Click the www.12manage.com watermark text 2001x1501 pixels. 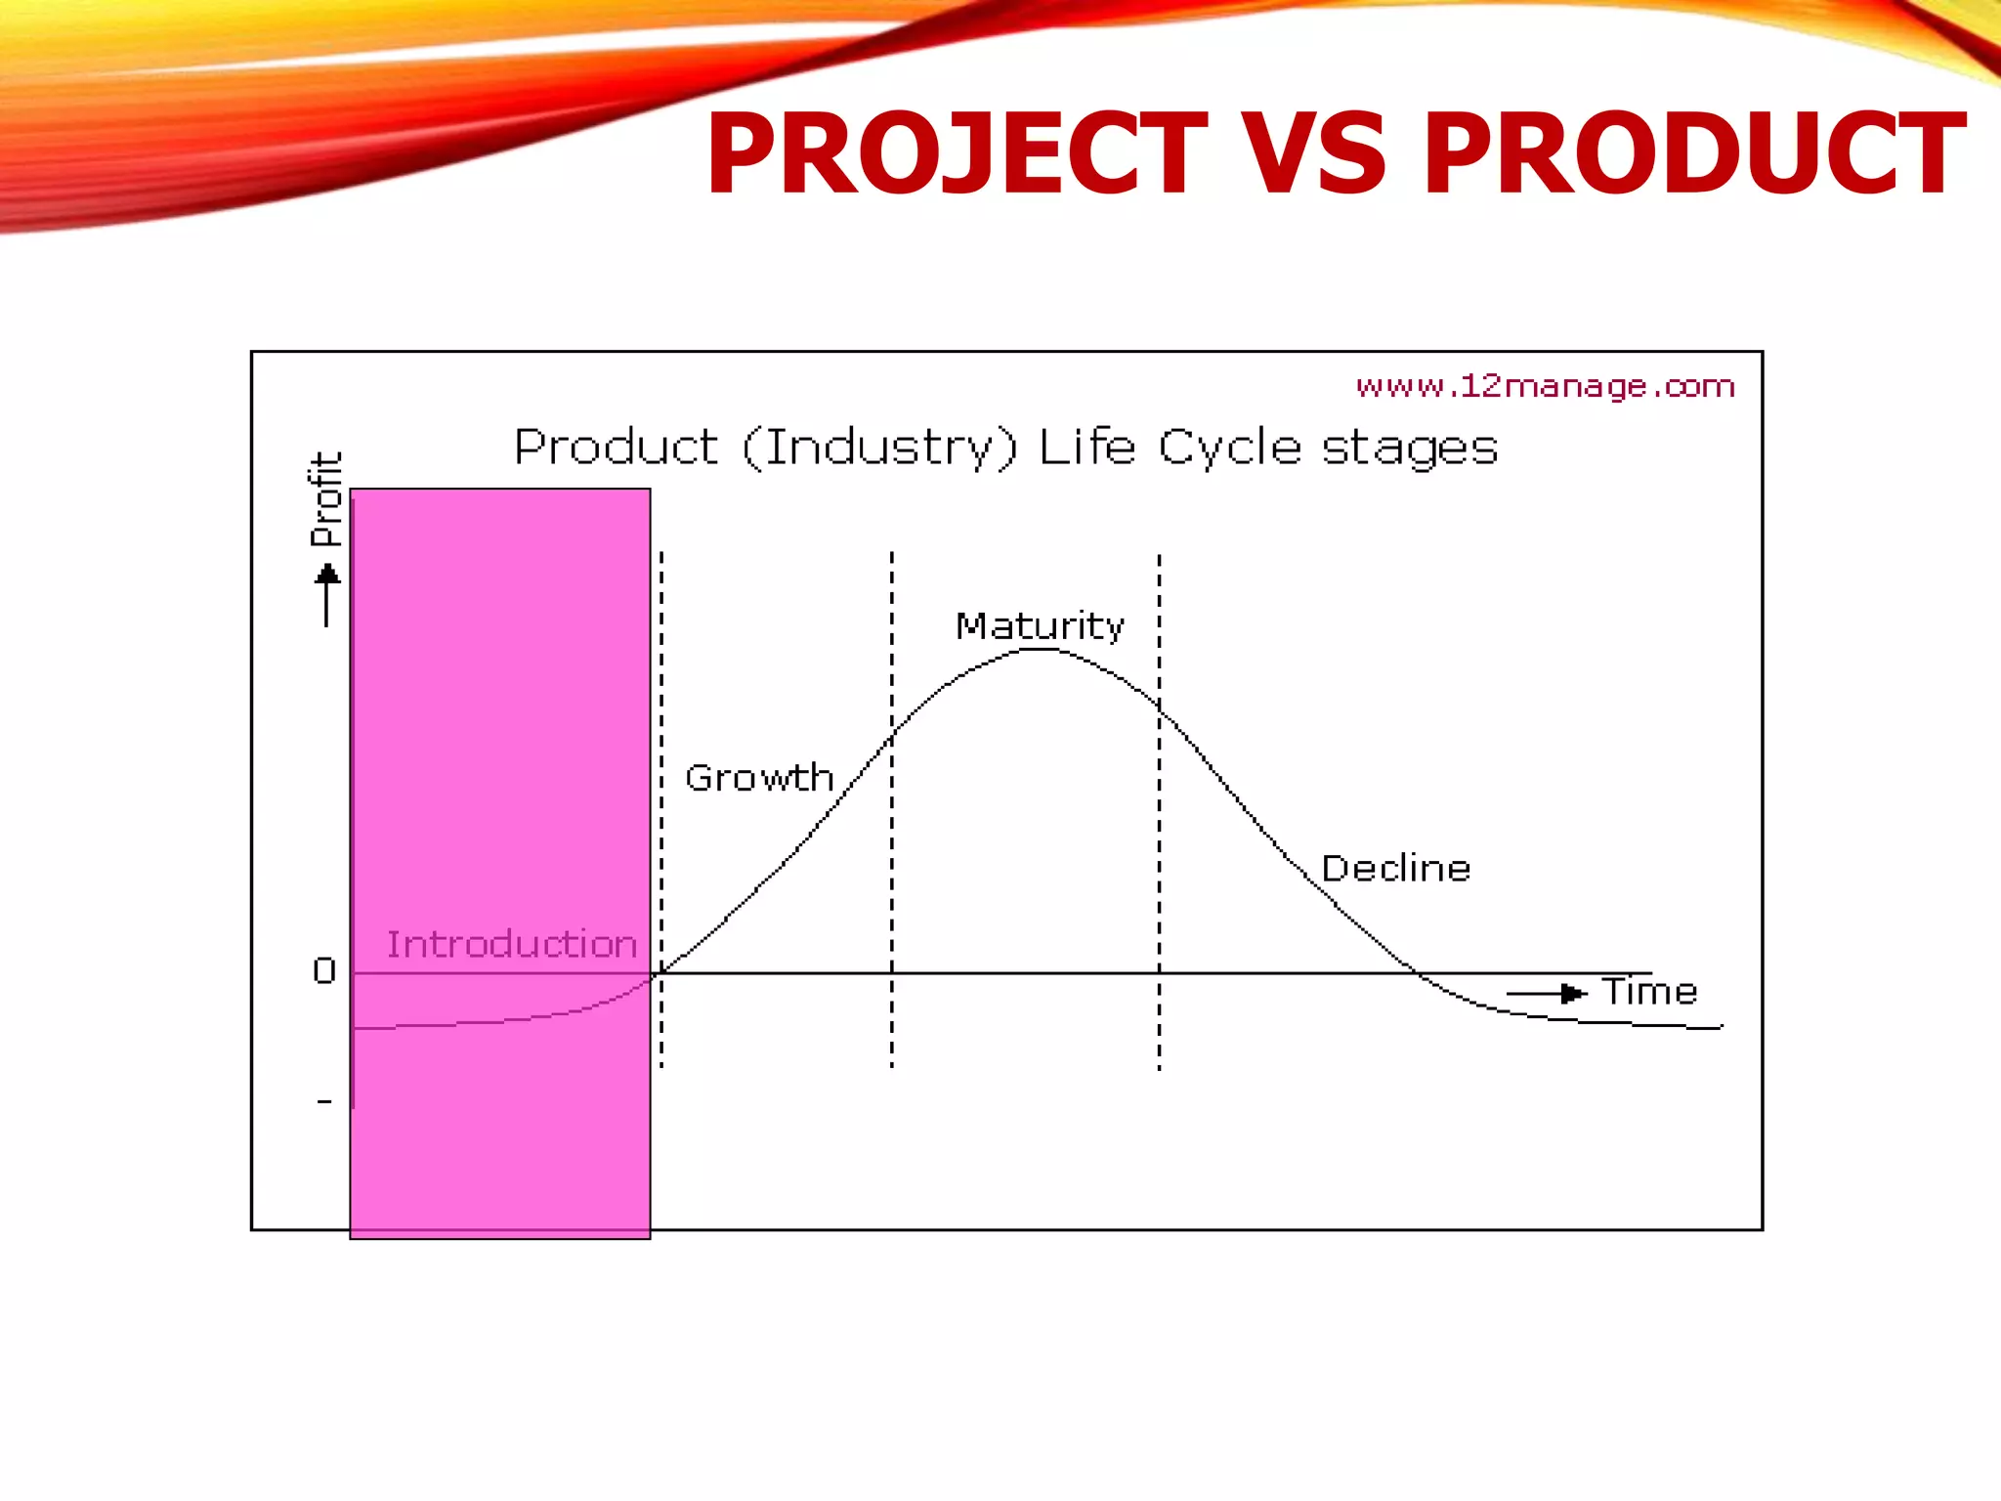(1545, 386)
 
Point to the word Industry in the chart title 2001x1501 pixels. (879, 449)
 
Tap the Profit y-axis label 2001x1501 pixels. (326, 499)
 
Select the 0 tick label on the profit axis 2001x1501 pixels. (324, 970)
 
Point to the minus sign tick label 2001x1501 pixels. (324, 1102)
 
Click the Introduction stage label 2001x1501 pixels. (511, 944)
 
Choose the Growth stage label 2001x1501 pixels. (759, 778)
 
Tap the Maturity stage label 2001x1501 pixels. (1040, 625)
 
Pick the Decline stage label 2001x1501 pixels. (1395, 868)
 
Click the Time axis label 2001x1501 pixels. (1649, 992)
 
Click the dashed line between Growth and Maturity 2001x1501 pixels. (891, 879)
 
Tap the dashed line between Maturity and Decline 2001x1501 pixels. (1160, 879)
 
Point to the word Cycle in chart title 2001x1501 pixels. (1229, 449)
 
